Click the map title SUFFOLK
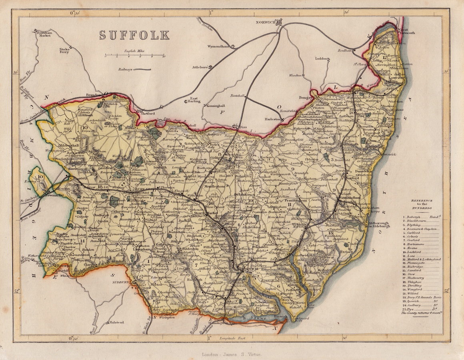coord(134,35)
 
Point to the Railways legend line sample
coord(142,69)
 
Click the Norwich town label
coord(266,23)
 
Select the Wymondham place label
coord(217,46)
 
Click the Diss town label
coord(242,127)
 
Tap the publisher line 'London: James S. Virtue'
coord(232,354)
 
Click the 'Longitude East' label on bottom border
coord(232,338)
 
